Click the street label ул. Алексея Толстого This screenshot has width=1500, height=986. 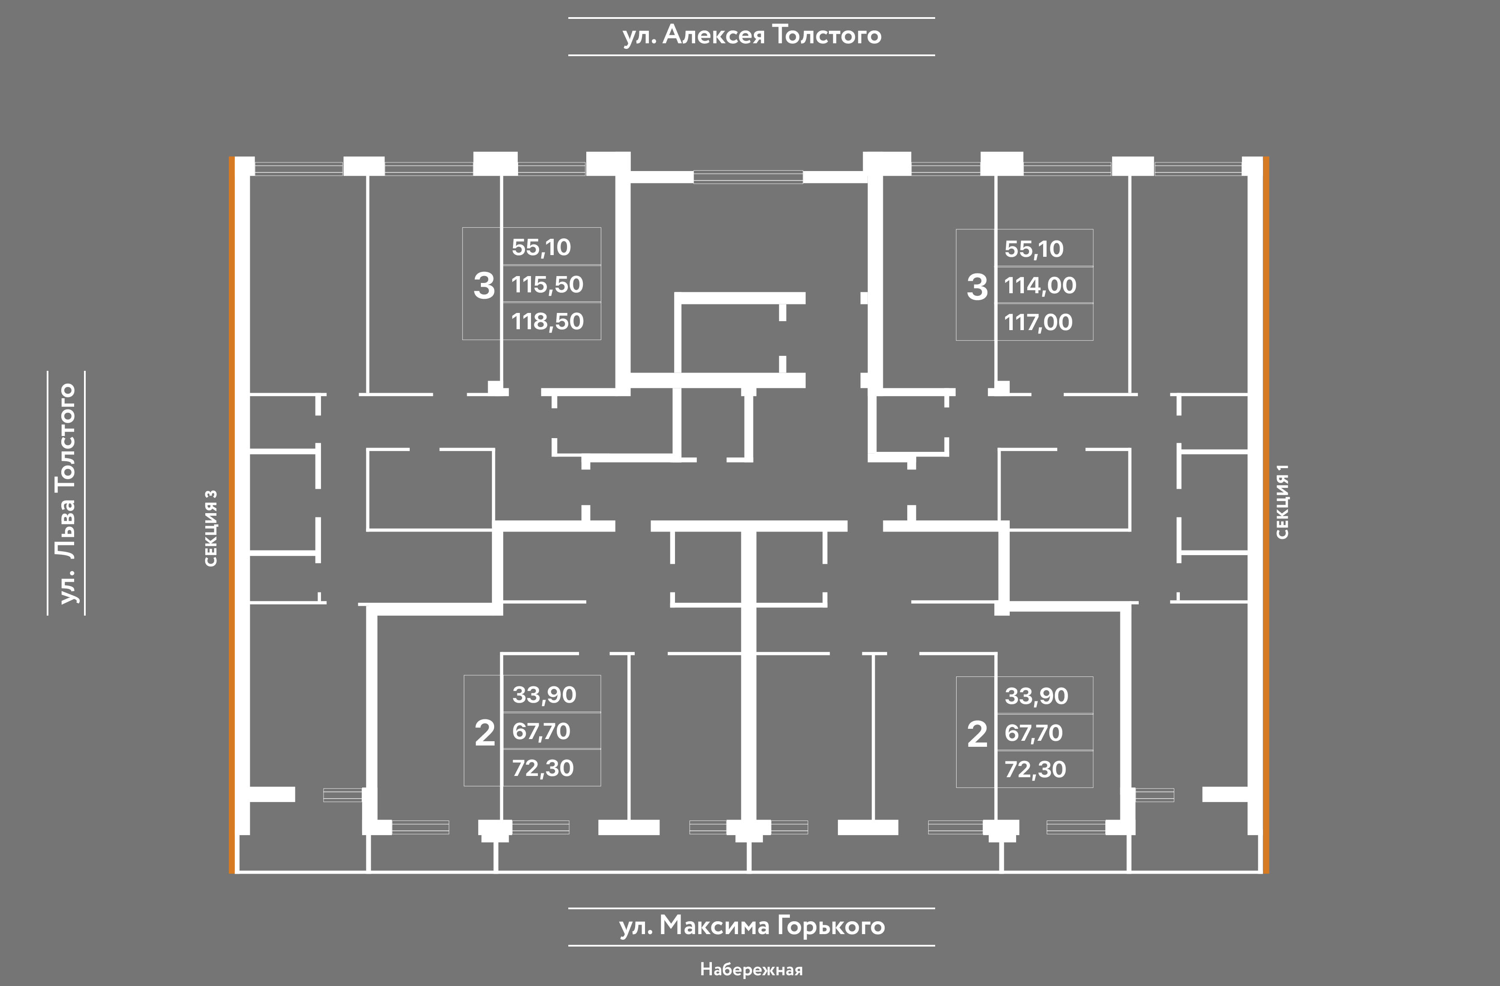click(x=752, y=35)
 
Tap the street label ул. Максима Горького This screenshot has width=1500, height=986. click(x=752, y=926)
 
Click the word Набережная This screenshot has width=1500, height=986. click(x=751, y=969)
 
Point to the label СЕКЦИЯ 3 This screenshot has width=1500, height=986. click(x=211, y=528)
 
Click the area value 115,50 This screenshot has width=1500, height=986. click(x=547, y=284)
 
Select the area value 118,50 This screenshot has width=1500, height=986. click(x=547, y=322)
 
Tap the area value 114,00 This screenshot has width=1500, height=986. click(x=1040, y=286)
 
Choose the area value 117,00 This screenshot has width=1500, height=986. click(x=1038, y=322)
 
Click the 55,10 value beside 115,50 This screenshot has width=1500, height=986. click(x=541, y=247)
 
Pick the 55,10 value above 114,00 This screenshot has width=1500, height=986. click(x=1034, y=249)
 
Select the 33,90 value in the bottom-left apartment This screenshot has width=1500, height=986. click(x=544, y=695)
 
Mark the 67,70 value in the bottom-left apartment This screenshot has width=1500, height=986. click(x=541, y=731)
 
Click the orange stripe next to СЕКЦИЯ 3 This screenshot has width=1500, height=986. click(x=232, y=515)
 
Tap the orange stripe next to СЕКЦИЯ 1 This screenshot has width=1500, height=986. click(x=1266, y=515)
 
